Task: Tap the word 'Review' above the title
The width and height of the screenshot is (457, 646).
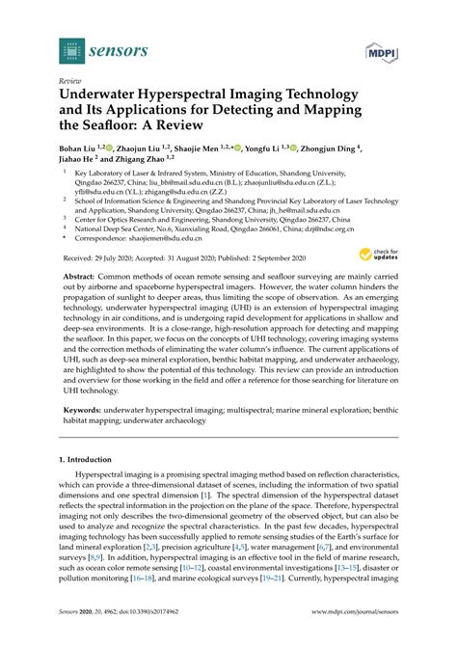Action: click(x=70, y=81)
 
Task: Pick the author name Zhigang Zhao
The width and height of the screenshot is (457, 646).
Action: click(x=139, y=165)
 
